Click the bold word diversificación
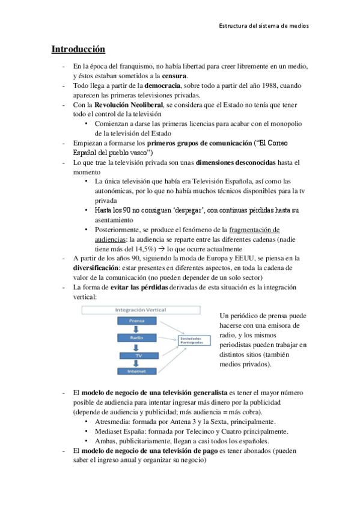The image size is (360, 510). pyautogui.click(x=94, y=268)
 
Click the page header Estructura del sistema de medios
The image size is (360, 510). pyautogui.click(x=264, y=26)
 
